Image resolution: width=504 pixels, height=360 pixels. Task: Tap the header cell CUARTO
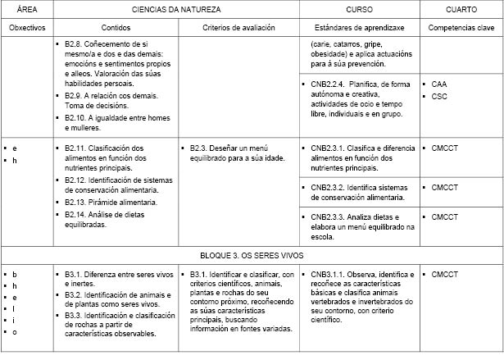pyautogui.click(x=462, y=9)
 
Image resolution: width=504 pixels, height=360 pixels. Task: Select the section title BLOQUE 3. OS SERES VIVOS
pyautogui.click(x=252, y=255)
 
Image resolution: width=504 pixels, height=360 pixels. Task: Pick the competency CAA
pyautogui.click(x=439, y=84)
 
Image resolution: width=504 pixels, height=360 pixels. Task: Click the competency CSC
pyautogui.click(x=439, y=96)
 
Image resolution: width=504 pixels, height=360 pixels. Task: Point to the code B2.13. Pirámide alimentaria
pyautogui.click(x=77, y=202)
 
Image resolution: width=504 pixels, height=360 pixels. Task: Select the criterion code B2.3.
pyautogui.click(x=202, y=148)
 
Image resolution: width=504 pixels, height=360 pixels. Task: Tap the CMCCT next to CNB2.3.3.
pyautogui.click(x=445, y=216)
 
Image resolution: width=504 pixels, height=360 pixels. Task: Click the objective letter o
pyautogui.click(x=15, y=332)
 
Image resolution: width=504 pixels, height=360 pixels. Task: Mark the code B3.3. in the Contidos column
pyautogui.click(x=75, y=315)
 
